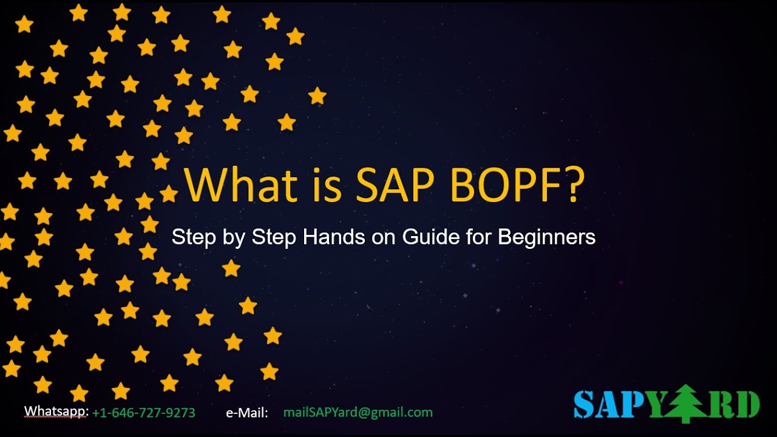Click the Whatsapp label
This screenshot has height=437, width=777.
[56, 412]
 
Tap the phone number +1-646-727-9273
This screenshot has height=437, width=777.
[144, 413]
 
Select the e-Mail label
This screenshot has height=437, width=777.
[247, 413]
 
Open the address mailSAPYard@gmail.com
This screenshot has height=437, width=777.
[358, 413]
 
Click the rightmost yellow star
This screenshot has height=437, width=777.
[317, 95]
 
